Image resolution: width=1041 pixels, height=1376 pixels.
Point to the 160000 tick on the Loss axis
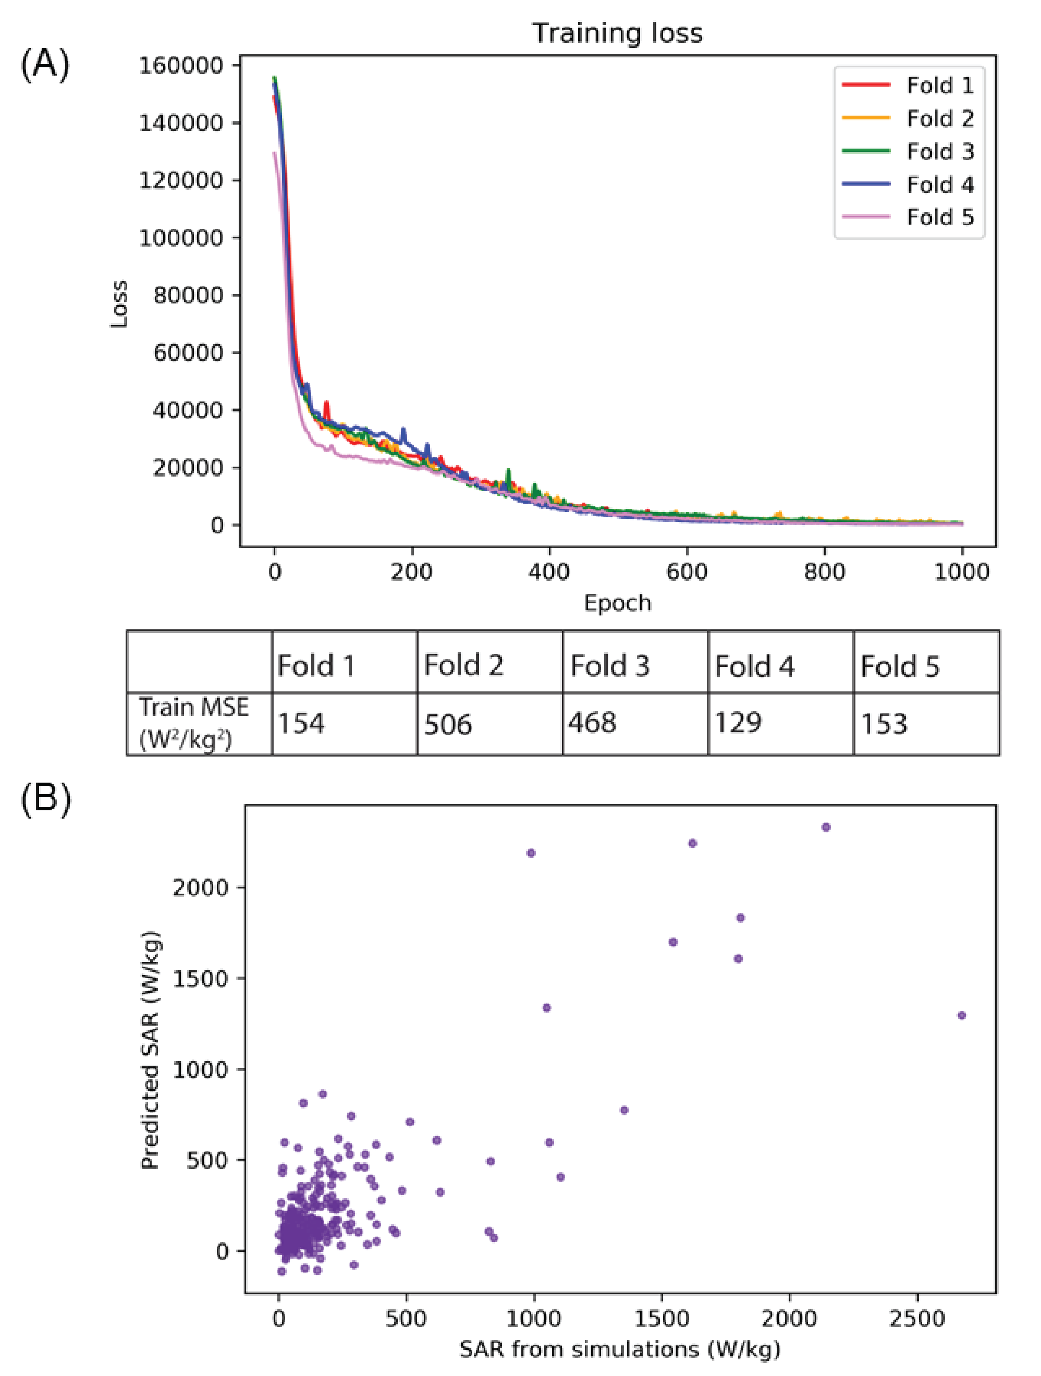pyautogui.click(x=180, y=65)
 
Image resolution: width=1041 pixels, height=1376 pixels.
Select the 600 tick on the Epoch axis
pyautogui.click(x=687, y=571)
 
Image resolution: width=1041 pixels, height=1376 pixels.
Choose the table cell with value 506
pyautogui.click(x=448, y=725)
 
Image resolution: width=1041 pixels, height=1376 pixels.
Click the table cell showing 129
pyautogui.click(x=738, y=723)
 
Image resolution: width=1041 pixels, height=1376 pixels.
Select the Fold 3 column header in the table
pyautogui.click(x=609, y=666)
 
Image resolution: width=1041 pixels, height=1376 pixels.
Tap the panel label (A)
pyautogui.click(x=45, y=64)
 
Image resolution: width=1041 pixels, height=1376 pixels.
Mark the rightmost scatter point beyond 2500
pyautogui.click(x=961, y=1016)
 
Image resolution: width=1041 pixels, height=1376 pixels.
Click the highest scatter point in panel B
pyautogui.click(x=826, y=827)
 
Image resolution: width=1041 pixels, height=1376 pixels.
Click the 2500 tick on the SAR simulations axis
pyautogui.click(x=917, y=1319)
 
